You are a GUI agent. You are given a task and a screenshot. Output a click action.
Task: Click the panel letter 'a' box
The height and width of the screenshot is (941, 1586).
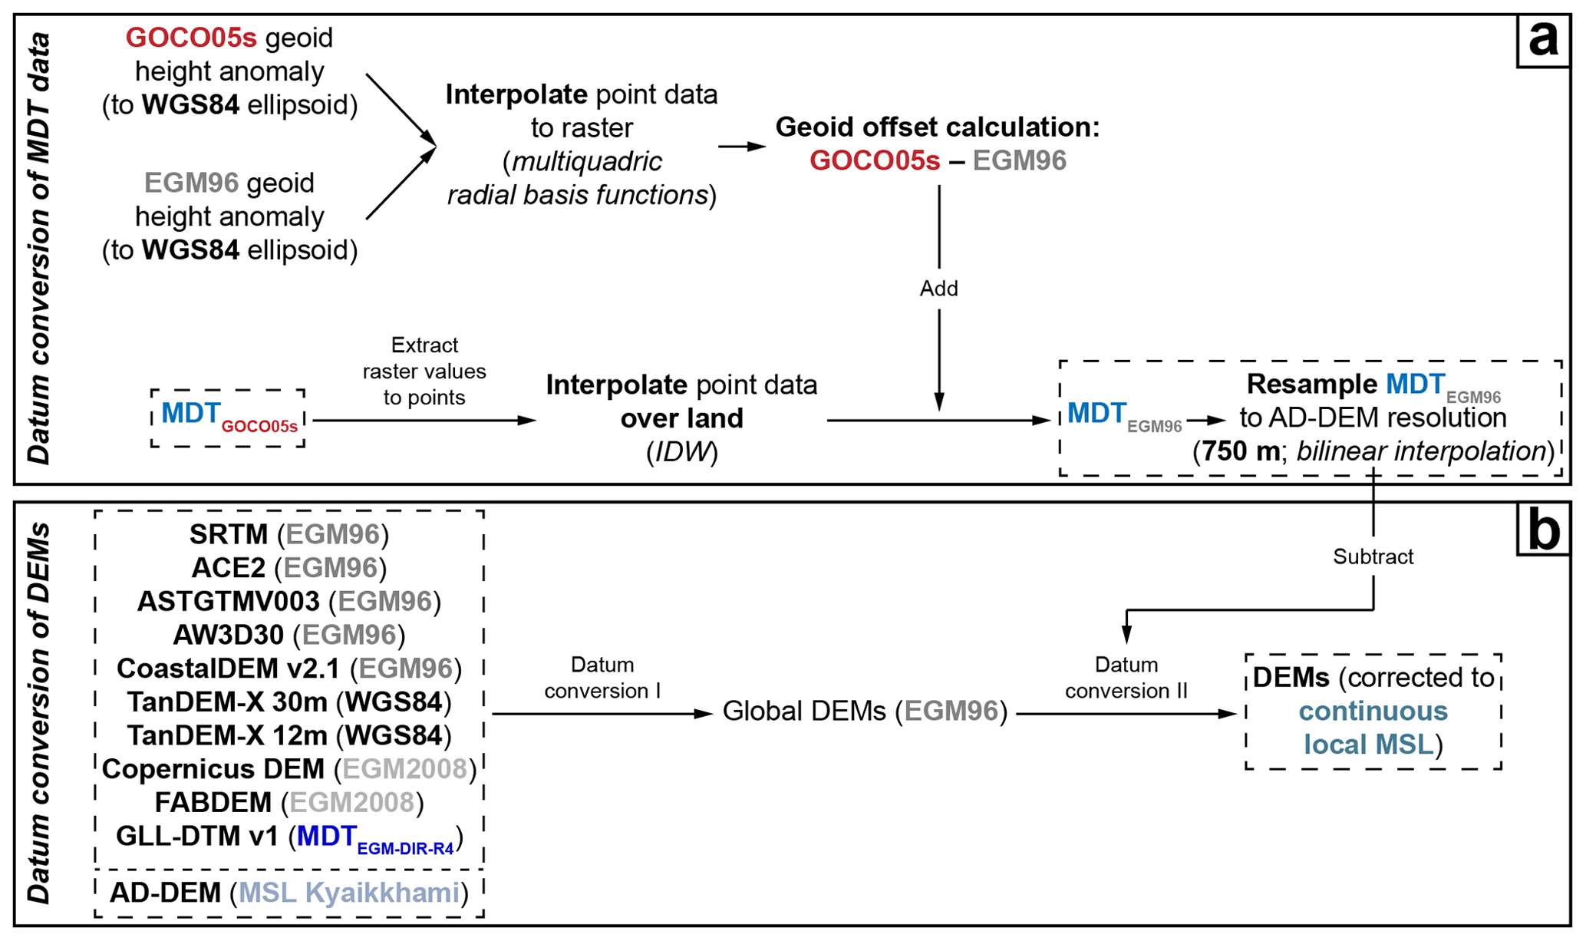click(1543, 40)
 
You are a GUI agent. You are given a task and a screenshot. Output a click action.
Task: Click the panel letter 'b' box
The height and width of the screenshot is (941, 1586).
click(1543, 530)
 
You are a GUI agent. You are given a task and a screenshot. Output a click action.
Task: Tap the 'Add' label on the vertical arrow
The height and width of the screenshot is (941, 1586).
click(938, 289)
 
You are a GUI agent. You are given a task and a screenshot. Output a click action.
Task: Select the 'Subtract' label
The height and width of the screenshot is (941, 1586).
click(1372, 556)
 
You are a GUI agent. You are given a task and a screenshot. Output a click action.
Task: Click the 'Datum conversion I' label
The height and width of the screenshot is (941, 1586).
click(602, 678)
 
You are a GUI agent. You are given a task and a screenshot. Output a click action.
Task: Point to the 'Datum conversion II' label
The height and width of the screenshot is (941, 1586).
click(1126, 678)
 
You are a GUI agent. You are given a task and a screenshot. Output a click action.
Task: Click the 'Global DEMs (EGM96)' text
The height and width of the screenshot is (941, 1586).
click(865, 712)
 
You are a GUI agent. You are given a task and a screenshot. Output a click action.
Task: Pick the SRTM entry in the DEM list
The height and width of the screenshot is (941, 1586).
click(289, 534)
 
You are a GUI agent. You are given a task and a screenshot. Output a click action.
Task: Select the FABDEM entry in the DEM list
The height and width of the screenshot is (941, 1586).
click(289, 802)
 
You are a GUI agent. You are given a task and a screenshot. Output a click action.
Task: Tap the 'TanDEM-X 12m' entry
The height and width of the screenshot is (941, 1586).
click(289, 735)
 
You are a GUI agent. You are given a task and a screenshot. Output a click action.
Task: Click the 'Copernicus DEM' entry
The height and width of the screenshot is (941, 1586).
click(289, 769)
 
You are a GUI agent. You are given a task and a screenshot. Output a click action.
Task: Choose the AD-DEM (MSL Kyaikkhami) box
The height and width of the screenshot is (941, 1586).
click(289, 893)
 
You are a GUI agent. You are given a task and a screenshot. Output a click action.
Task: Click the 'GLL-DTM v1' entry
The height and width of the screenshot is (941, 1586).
click(289, 837)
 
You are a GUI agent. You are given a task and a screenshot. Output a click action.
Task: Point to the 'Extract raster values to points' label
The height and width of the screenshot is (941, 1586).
click(424, 371)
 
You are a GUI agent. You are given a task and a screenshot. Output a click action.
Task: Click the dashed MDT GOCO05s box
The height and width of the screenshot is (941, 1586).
click(228, 418)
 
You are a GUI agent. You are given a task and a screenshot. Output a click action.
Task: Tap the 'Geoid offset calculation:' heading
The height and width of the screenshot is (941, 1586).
click(937, 127)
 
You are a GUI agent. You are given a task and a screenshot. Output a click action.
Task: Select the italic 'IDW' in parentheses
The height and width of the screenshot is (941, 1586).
click(681, 452)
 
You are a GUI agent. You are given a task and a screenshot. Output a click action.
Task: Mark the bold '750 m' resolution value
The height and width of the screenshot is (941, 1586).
click(1241, 451)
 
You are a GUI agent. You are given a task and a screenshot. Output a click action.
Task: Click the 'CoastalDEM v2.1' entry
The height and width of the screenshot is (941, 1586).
click(289, 669)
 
